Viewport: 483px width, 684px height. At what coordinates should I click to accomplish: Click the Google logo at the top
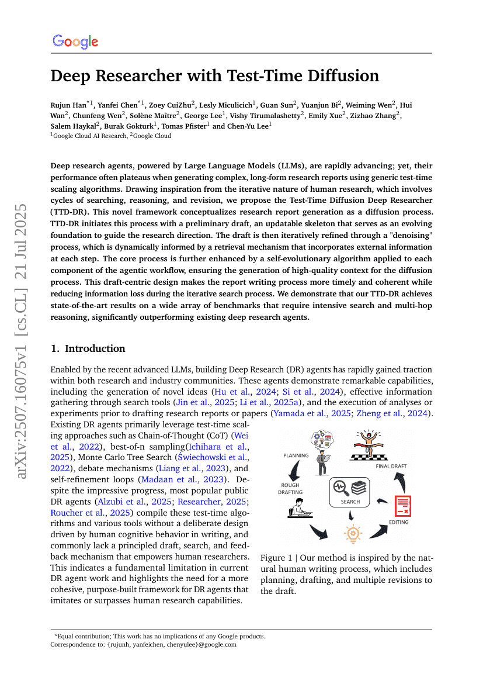[x=75, y=42]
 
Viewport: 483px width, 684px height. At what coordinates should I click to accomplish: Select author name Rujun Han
[x=68, y=105]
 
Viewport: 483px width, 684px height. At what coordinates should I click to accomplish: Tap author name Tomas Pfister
[x=182, y=126]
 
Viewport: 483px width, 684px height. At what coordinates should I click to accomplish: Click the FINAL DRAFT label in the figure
[x=391, y=466]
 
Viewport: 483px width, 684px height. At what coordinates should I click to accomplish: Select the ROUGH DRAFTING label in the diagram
[x=290, y=489]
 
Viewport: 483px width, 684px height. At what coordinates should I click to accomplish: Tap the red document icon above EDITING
[x=402, y=506]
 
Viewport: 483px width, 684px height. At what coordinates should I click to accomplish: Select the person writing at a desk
[x=298, y=509]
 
